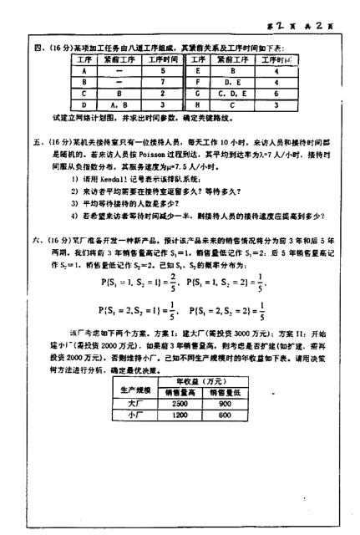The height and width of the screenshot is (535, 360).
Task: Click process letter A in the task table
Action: [85, 72]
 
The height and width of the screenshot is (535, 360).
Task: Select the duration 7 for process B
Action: [162, 84]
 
